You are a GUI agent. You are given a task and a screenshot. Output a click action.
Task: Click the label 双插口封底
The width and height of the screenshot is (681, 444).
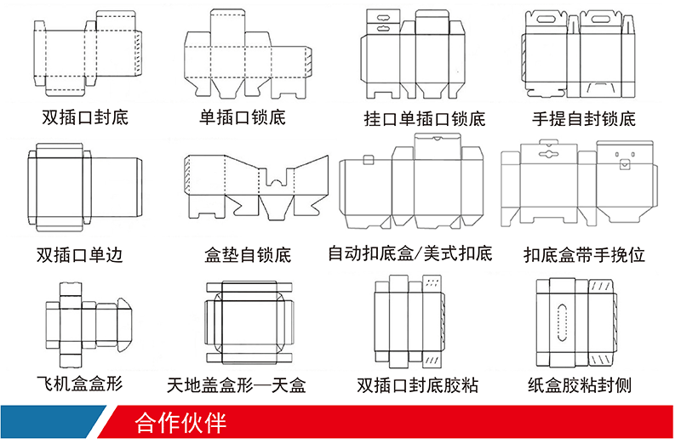[x=85, y=117]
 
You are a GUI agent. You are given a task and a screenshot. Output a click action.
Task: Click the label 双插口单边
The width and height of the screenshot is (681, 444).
[x=79, y=254]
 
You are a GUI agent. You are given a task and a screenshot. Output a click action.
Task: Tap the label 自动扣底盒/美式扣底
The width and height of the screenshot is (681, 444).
[x=410, y=253]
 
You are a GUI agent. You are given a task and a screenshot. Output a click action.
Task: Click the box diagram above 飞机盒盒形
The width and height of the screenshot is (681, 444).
[x=85, y=322]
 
